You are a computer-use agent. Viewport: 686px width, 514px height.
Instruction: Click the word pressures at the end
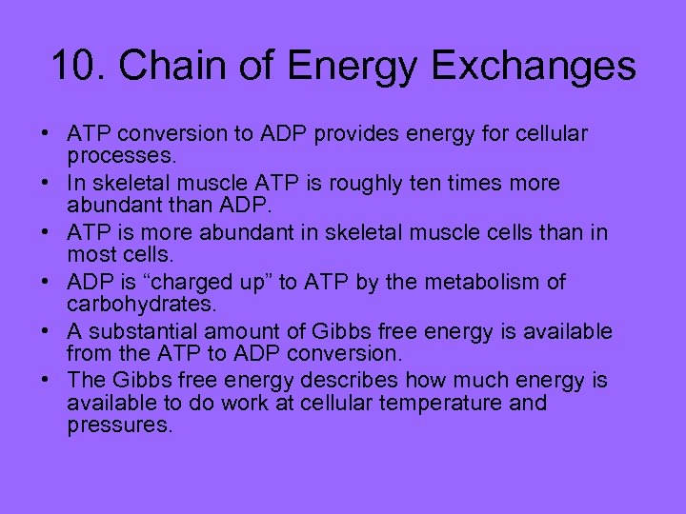[x=119, y=425]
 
